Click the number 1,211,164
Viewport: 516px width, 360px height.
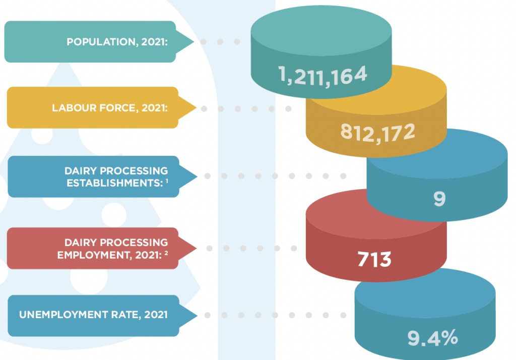click(323, 76)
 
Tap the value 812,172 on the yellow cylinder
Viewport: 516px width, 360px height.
click(377, 132)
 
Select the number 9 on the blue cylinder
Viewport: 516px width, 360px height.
click(439, 199)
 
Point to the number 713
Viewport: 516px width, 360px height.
click(374, 260)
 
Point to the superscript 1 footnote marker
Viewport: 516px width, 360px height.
click(166, 181)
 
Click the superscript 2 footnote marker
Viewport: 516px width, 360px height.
click(166, 253)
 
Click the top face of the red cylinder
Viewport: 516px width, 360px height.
click(376, 214)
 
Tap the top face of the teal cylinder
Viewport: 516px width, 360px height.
click(321, 32)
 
